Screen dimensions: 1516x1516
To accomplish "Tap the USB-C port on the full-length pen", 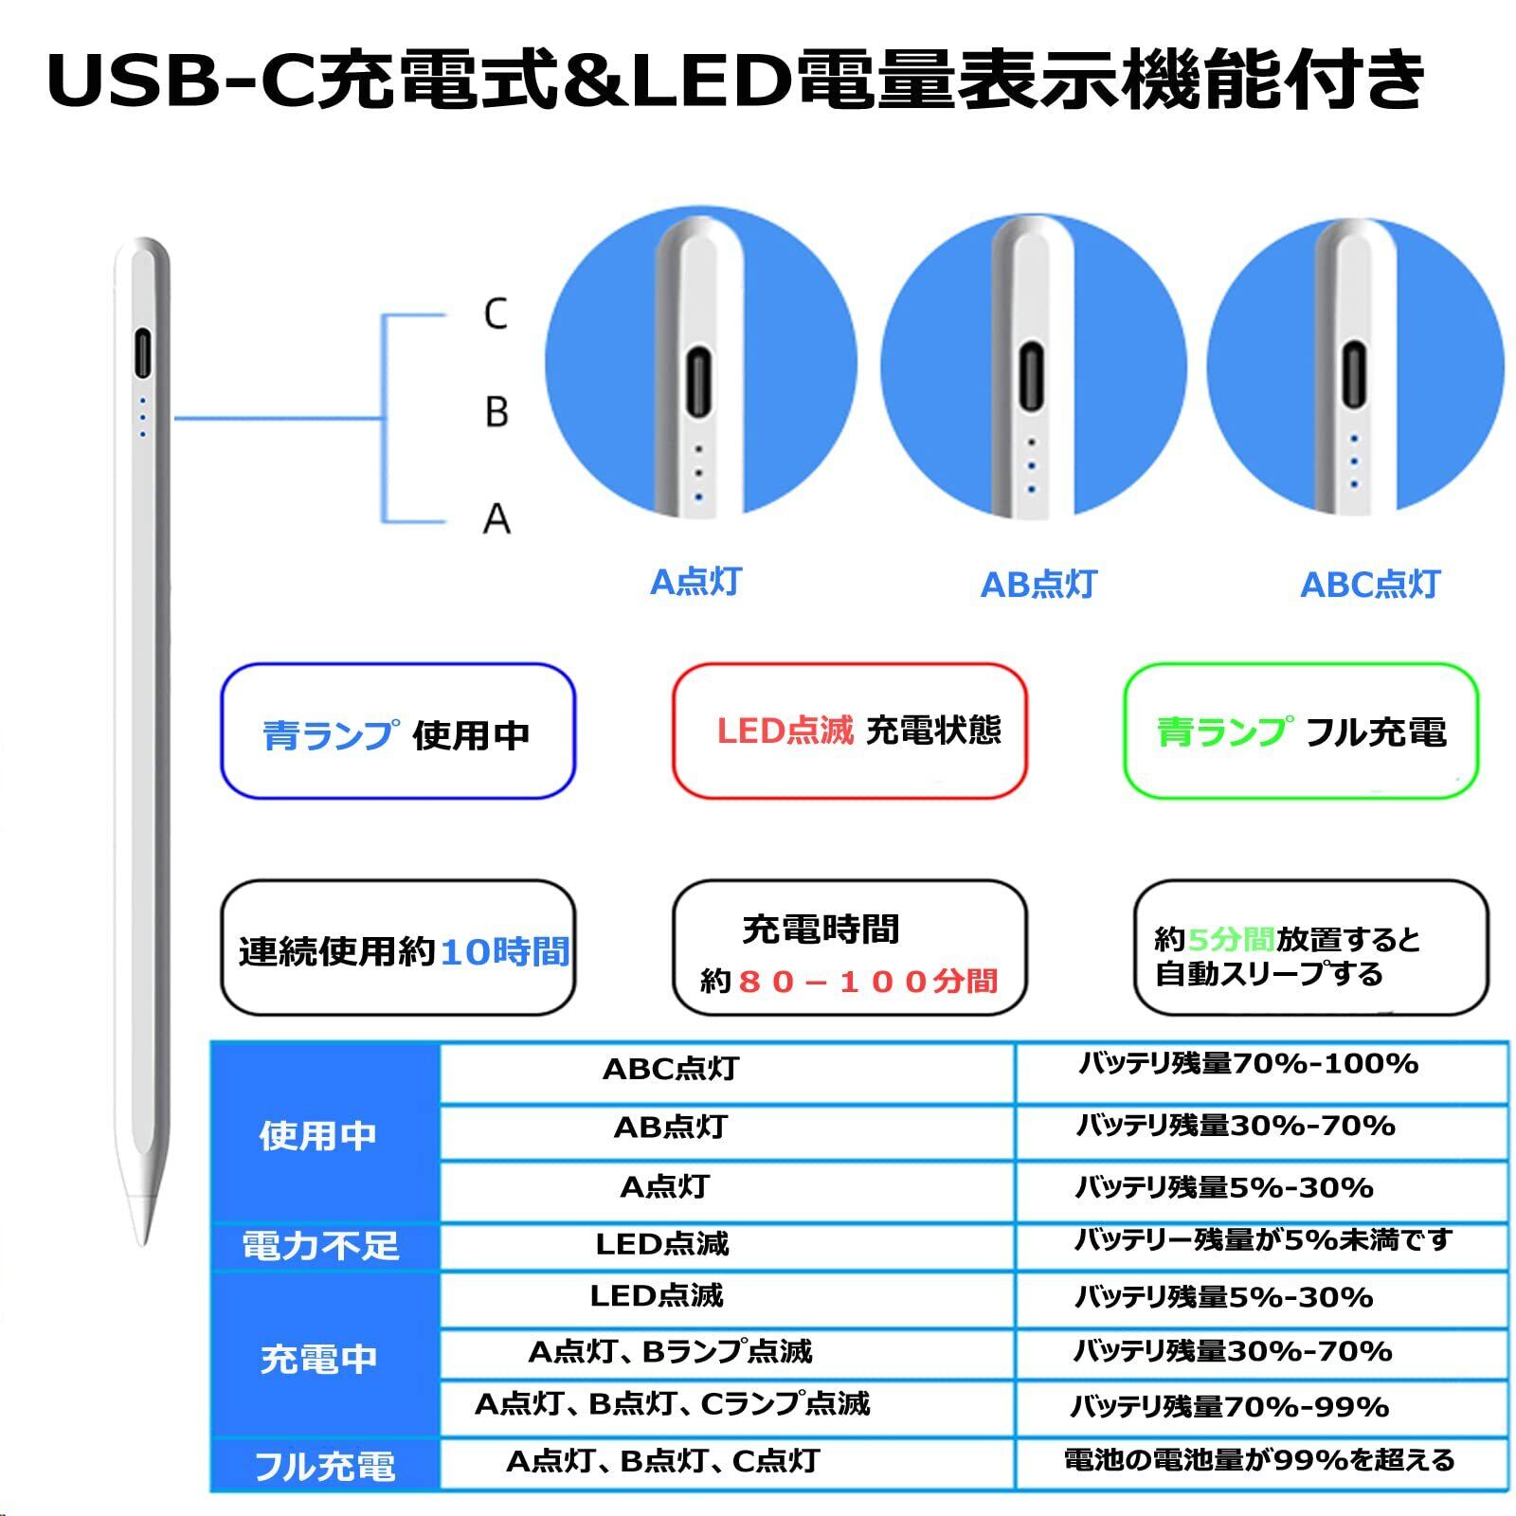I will point(142,353).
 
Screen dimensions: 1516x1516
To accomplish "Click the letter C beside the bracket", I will point(496,314).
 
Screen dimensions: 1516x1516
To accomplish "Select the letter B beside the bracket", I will point(496,412).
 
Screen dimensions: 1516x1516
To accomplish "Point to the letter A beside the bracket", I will point(496,519).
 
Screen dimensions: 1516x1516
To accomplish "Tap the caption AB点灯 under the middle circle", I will point(1038,585).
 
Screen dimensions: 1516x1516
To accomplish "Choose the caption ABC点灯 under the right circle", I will point(1369,585).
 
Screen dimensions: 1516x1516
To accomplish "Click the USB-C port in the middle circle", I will point(1031,378).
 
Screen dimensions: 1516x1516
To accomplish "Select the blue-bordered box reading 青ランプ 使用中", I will point(398,731).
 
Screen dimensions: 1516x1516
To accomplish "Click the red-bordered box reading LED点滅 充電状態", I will point(850,731).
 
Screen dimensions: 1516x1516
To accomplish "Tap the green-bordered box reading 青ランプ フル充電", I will point(1301,731).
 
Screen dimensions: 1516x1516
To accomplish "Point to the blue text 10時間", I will point(505,951).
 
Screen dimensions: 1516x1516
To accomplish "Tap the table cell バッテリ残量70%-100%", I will point(1248,1064).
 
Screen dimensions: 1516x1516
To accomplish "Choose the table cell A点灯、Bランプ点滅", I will point(670,1351).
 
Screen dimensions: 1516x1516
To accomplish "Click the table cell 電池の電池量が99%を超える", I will point(1259,1460).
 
